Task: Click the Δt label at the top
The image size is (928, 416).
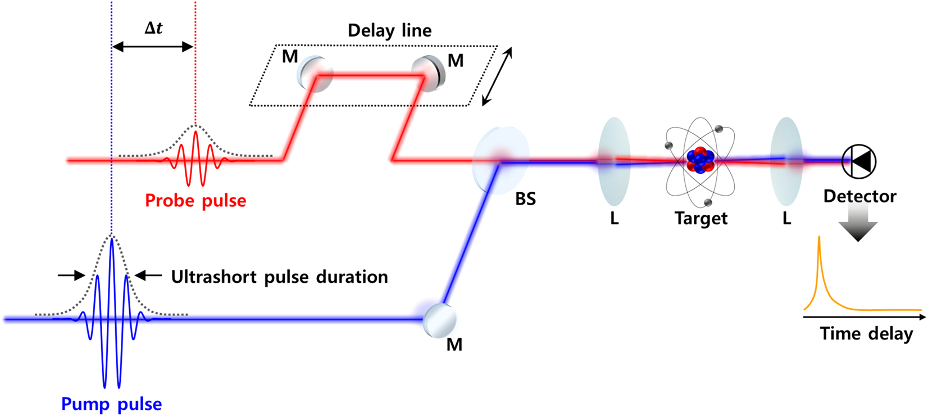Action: point(153,28)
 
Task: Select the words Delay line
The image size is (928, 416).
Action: point(389,30)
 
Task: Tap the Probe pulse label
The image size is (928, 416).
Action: point(195,201)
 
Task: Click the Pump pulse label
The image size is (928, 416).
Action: point(111,404)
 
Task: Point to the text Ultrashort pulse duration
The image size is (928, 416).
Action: point(279,277)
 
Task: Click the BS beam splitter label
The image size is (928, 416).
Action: point(525,199)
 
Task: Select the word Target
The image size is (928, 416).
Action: point(700,218)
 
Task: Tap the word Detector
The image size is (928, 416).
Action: point(859,196)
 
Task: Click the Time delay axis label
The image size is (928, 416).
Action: point(866,333)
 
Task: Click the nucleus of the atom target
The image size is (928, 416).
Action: point(700,160)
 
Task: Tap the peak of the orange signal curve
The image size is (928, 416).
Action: point(819,238)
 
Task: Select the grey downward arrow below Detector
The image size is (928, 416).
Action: point(858,223)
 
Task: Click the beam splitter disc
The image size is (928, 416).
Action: point(500,160)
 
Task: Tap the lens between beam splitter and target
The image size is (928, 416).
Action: point(614,161)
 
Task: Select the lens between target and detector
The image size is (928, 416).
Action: point(786,161)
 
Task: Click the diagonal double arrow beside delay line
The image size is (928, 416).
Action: point(497,76)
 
